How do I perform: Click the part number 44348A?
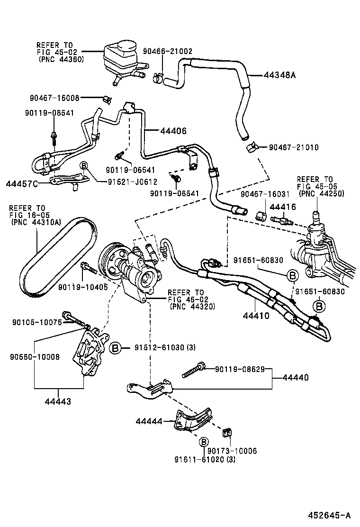(x=279, y=74)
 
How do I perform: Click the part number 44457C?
(x=22, y=182)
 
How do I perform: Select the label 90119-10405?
(x=82, y=287)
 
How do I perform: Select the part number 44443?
(x=58, y=401)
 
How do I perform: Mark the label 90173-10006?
(x=232, y=451)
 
